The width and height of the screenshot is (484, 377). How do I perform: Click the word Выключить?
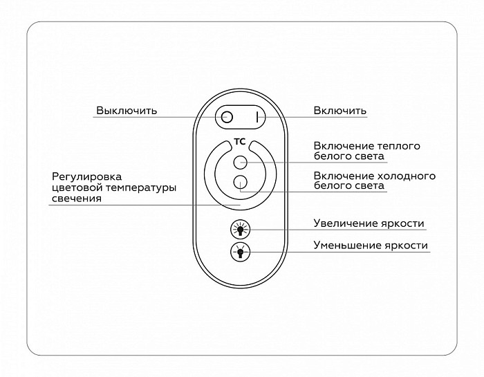click(127, 111)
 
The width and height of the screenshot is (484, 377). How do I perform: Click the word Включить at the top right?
click(340, 111)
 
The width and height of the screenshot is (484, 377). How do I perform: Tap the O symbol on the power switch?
click(227, 118)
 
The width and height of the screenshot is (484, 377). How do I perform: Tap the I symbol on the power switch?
click(257, 118)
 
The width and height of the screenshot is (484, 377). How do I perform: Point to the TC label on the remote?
click(239, 142)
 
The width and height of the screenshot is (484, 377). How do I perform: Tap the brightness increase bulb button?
click(240, 230)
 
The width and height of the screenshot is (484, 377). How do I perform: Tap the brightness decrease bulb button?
click(240, 252)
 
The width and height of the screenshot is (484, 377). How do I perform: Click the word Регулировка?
click(86, 177)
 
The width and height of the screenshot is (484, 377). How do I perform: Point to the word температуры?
click(141, 188)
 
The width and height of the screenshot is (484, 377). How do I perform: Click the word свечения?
click(77, 199)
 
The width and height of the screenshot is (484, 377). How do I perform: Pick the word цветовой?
click(77, 187)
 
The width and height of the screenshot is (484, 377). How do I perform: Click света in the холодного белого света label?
click(370, 186)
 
